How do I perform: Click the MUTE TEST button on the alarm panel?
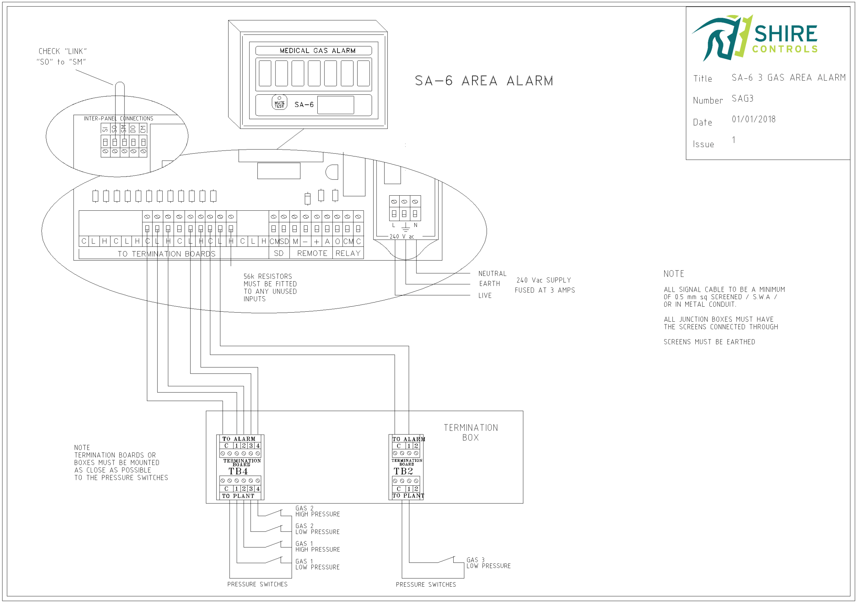click(279, 103)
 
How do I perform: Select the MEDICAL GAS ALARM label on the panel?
click(317, 51)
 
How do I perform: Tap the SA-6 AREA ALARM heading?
click(484, 81)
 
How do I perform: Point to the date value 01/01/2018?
click(753, 119)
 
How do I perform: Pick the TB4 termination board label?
click(238, 472)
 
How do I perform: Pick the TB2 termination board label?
click(403, 472)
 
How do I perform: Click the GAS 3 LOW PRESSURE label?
click(488, 563)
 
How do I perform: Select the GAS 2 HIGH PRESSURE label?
click(317, 511)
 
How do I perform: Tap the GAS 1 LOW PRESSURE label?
click(317, 564)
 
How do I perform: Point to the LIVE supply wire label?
click(485, 295)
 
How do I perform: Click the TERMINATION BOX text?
click(471, 432)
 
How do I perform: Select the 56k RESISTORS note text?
click(270, 287)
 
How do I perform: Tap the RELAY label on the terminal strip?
click(348, 253)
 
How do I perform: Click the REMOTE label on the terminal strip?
click(312, 253)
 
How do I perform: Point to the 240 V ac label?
click(402, 236)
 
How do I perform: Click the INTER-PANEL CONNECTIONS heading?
click(118, 119)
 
